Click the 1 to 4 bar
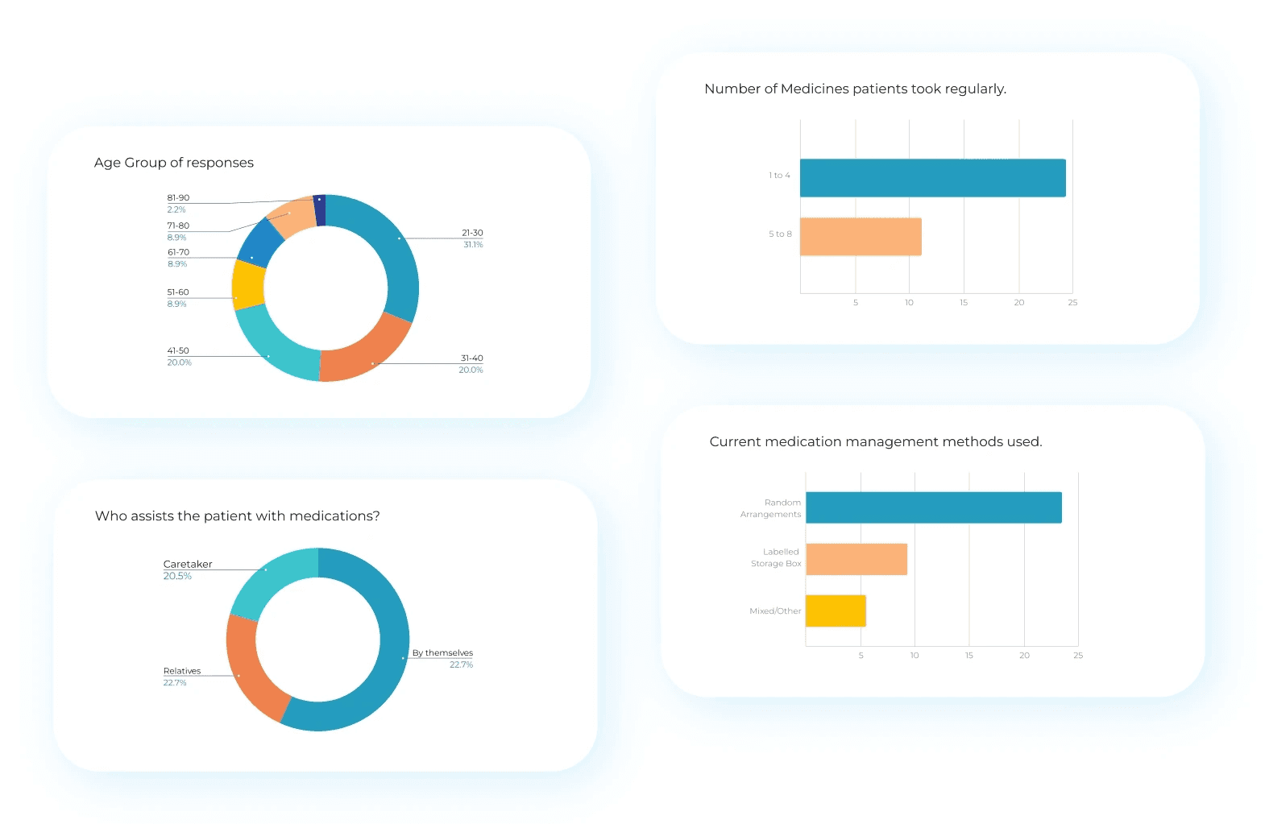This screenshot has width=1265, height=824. click(932, 178)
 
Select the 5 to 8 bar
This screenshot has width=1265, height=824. click(861, 237)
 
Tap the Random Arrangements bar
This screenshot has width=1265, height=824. click(933, 507)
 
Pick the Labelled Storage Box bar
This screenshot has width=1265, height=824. click(856, 559)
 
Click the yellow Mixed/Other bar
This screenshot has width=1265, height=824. click(836, 611)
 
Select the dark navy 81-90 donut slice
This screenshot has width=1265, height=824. click(320, 210)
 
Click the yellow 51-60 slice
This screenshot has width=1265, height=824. click(248, 285)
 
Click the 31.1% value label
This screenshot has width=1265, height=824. click(473, 245)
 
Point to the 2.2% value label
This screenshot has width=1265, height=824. click(176, 209)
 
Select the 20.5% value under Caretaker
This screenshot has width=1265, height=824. click(177, 577)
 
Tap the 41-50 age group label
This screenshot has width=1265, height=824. click(178, 351)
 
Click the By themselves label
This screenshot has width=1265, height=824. click(442, 653)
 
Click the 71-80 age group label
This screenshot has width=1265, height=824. click(178, 226)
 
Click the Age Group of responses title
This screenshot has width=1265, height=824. click(174, 163)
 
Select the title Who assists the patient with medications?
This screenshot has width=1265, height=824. click(237, 516)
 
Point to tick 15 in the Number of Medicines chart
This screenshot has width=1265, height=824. click(964, 303)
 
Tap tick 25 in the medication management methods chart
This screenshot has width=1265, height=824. click(1078, 656)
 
